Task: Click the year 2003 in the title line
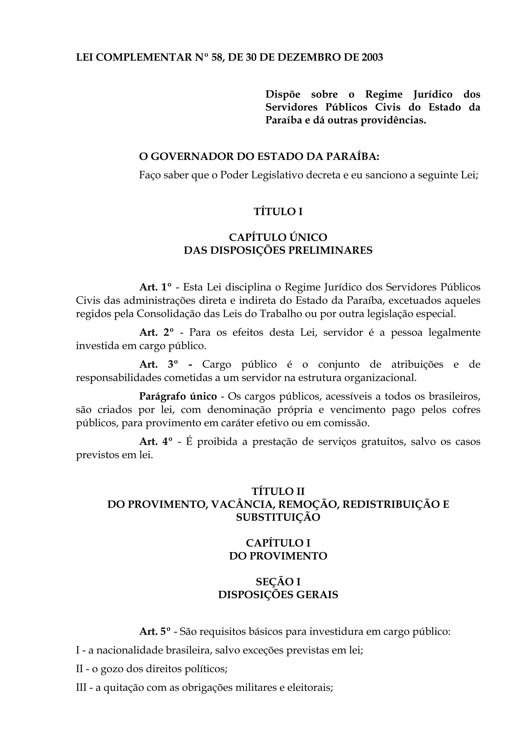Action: tap(372, 58)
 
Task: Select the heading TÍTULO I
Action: tap(278, 212)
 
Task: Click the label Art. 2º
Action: tap(156, 332)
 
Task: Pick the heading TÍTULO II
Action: tap(278, 491)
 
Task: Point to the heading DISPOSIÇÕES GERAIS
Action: tap(278, 594)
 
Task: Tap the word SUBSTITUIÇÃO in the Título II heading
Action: tap(278, 517)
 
